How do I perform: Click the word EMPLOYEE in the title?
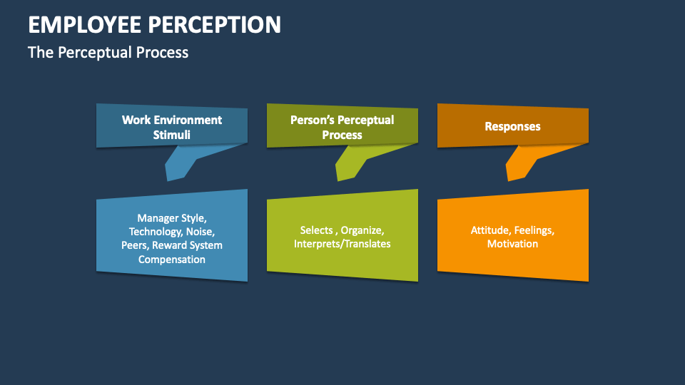coord(84,24)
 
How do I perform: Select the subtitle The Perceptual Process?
coord(108,52)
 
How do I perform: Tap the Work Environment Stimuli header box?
coord(172,127)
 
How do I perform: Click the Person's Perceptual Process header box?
coord(342,127)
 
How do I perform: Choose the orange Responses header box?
coord(512,126)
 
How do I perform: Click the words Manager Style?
coord(172,217)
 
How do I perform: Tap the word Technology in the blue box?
coord(154,231)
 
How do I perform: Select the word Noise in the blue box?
coord(200,231)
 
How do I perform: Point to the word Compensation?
coord(172,259)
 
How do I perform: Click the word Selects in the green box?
coord(317,230)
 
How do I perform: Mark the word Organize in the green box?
coord(362,230)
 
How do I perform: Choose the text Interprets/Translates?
coord(342,244)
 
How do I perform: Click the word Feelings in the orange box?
coord(534,230)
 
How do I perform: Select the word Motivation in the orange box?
coord(512,244)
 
